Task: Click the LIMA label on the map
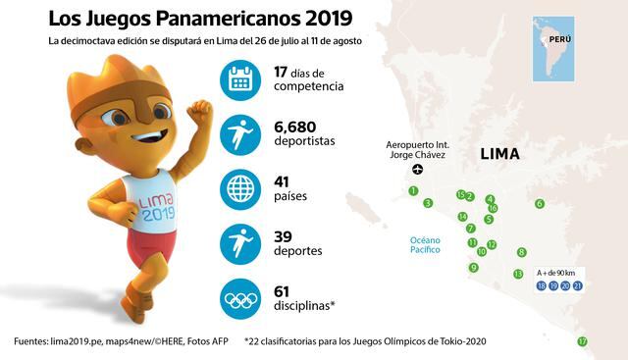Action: (499, 154)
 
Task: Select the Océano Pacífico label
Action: (426, 244)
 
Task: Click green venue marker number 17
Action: (582, 341)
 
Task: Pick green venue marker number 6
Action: (539, 204)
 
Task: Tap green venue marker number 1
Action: (414, 190)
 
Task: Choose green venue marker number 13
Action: (518, 274)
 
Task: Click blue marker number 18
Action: (542, 285)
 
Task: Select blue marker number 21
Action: (578, 285)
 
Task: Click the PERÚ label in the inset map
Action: (559, 39)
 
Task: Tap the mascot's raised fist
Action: (202, 107)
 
